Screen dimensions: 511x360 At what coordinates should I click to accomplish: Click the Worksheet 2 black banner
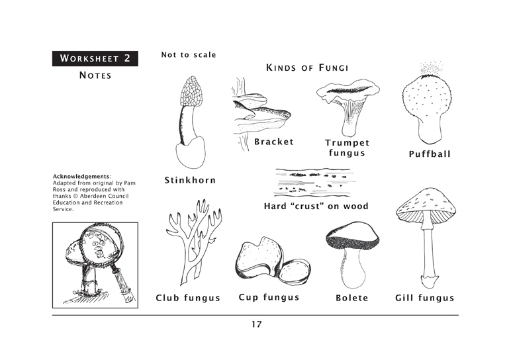pyautogui.click(x=95, y=59)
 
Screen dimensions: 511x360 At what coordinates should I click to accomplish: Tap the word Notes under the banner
pyautogui.click(x=95, y=75)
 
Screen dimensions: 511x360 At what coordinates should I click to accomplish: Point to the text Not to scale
pyautogui.click(x=189, y=55)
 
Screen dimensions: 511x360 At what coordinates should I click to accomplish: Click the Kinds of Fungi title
pyautogui.click(x=307, y=67)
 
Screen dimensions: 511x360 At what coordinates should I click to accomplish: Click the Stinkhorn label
pyautogui.click(x=190, y=180)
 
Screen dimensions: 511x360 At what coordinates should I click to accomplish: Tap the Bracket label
pyautogui.click(x=274, y=142)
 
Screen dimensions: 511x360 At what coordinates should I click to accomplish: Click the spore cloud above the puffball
pyautogui.click(x=431, y=68)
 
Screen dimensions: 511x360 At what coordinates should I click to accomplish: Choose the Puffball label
pyautogui.click(x=430, y=154)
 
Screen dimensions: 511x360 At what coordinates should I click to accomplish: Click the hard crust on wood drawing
pyautogui.click(x=314, y=183)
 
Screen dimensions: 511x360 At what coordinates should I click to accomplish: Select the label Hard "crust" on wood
pyautogui.click(x=316, y=206)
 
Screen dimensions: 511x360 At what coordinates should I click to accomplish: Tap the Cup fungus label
pyautogui.click(x=269, y=297)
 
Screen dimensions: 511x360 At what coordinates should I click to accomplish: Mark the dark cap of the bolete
pyautogui.click(x=353, y=236)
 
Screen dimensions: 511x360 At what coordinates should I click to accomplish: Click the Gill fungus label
pyautogui.click(x=425, y=298)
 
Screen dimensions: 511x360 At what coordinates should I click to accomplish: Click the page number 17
pyautogui.click(x=256, y=324)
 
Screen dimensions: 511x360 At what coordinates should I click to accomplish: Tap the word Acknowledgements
pyautogui.click(x=81, y=177)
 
